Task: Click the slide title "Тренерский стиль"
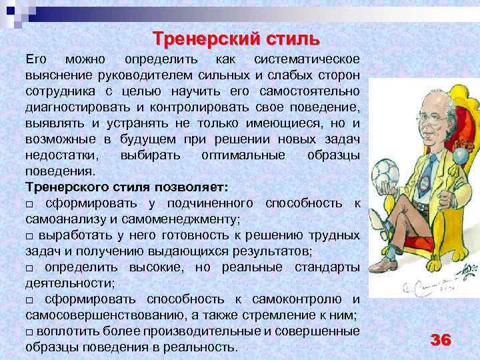(233, 36)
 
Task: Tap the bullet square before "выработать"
(29, 235)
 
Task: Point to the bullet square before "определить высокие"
(29, 268)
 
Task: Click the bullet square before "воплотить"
(29, 332)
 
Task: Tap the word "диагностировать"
(77, 107)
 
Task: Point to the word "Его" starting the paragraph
(36, 59)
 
